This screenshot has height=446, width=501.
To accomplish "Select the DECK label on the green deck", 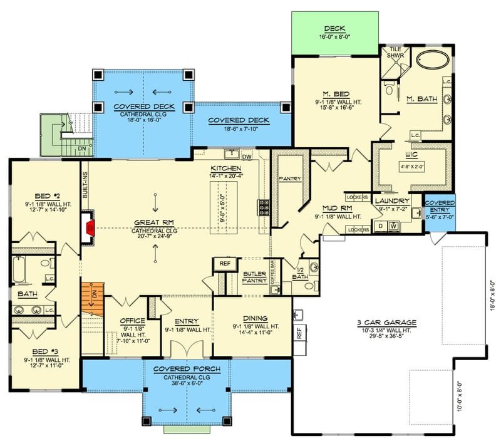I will [338, 29].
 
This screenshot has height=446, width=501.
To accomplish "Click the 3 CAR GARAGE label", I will [387, 323].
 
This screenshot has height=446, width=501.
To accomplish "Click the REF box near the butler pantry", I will [225, 264].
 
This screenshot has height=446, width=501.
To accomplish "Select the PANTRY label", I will [290, 179].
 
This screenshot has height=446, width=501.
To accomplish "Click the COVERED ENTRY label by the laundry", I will [440, 207].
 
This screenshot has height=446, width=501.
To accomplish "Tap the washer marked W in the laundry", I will [393, 226].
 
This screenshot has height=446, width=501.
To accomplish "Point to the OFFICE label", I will [132, 320].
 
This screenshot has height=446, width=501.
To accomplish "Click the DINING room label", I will [253, 318].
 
